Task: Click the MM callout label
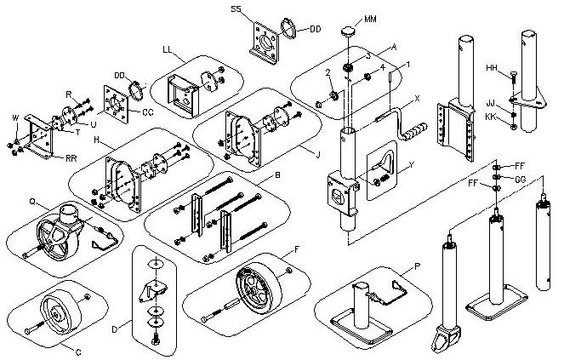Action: (371, 19)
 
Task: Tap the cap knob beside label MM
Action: (348, 31)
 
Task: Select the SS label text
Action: (236, 9)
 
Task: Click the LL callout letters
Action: (168, 49)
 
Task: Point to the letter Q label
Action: (32, 202)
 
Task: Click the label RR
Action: (71, 158)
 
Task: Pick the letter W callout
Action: (15, 117)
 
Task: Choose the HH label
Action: (492, 68)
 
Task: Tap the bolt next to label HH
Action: (512, 78)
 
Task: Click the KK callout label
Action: (491, 117)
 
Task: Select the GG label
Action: (521, 180)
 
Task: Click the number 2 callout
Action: (328, 72)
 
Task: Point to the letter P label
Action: (417, 266)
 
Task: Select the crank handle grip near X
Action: (415, 131)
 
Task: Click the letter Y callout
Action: (413, 165)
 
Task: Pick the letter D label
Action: (115, 329)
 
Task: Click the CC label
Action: (148, 112)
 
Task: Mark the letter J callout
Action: (317, 155)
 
